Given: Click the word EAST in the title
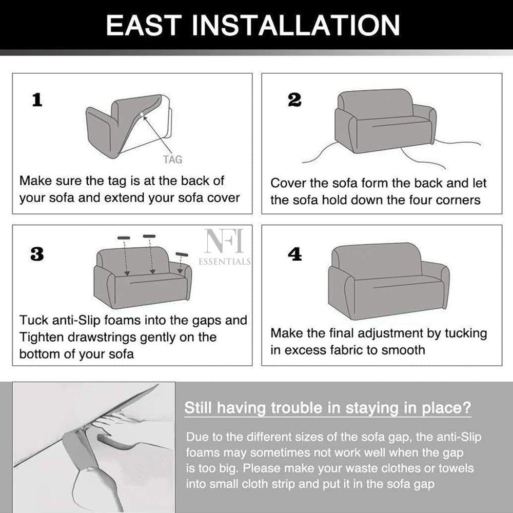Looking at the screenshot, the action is coord(144,25).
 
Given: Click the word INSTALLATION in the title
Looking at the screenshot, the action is coord(295,25).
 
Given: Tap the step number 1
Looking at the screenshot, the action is coord(37,100).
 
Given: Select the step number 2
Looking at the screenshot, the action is coord(294,100).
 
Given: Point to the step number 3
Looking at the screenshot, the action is coord(37,254).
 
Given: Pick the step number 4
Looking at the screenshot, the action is coord(295,254).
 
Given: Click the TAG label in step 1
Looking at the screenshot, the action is coord(173,160).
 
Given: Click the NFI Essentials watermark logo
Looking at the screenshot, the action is coord(225,247).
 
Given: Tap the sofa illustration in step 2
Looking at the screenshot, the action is coord(385,121).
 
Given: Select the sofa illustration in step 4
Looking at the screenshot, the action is coord(389,281).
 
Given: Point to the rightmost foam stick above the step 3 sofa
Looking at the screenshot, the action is coord(182,254).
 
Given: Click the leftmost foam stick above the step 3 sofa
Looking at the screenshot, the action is coord(124,238).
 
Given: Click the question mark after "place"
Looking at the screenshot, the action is coord(467,408).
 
